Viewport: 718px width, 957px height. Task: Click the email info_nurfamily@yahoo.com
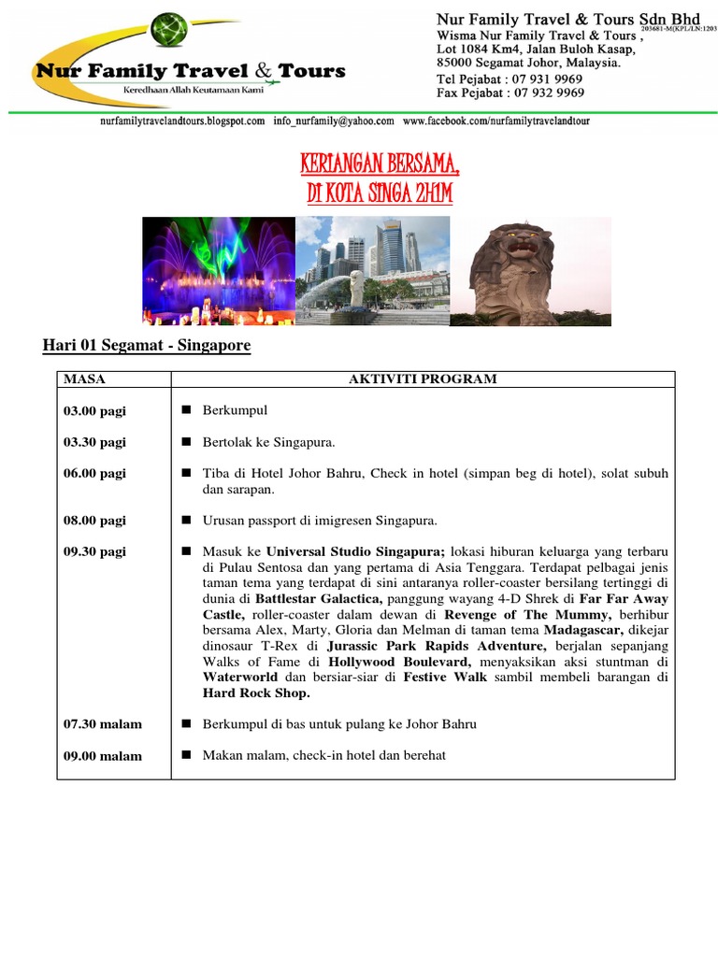[x=333, y=121]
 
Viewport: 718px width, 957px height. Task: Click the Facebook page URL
[x=496, y=121]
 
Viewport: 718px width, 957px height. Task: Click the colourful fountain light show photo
[x=219, y=271]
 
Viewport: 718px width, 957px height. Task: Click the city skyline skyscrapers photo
[x=373, y=271]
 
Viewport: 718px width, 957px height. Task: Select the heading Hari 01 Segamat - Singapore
[x=147, y=346]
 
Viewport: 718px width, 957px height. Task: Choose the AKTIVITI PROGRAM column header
[x=423, y=379]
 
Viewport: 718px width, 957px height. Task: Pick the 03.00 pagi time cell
[x=94, y=411]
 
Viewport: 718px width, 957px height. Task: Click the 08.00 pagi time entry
[x=94, y=521]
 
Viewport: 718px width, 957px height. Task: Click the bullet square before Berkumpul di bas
[x=186, y=723]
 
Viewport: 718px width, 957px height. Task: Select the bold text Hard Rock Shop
[x=255, y=693]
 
